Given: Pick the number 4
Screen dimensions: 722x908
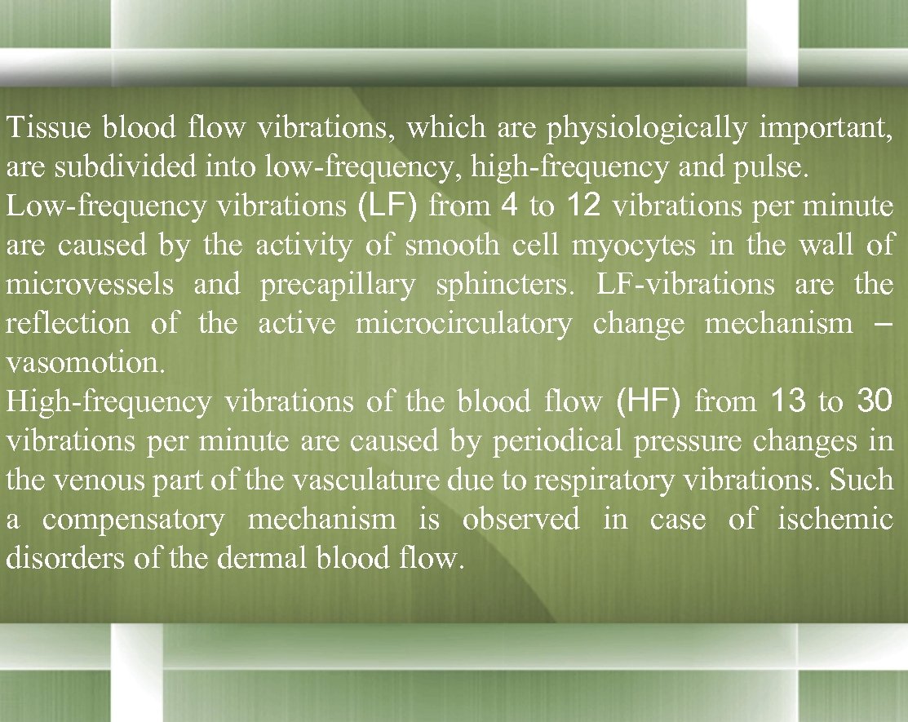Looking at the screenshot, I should pyautogui.click(x=509, y=206).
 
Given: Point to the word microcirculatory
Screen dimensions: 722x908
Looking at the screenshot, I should pyautogui.click(x=463, y=324).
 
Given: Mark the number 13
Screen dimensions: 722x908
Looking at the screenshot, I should pyautogui.click(x=788, y=401).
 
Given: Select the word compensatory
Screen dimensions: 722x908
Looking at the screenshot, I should pyautogui.click(x=133, y=520).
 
